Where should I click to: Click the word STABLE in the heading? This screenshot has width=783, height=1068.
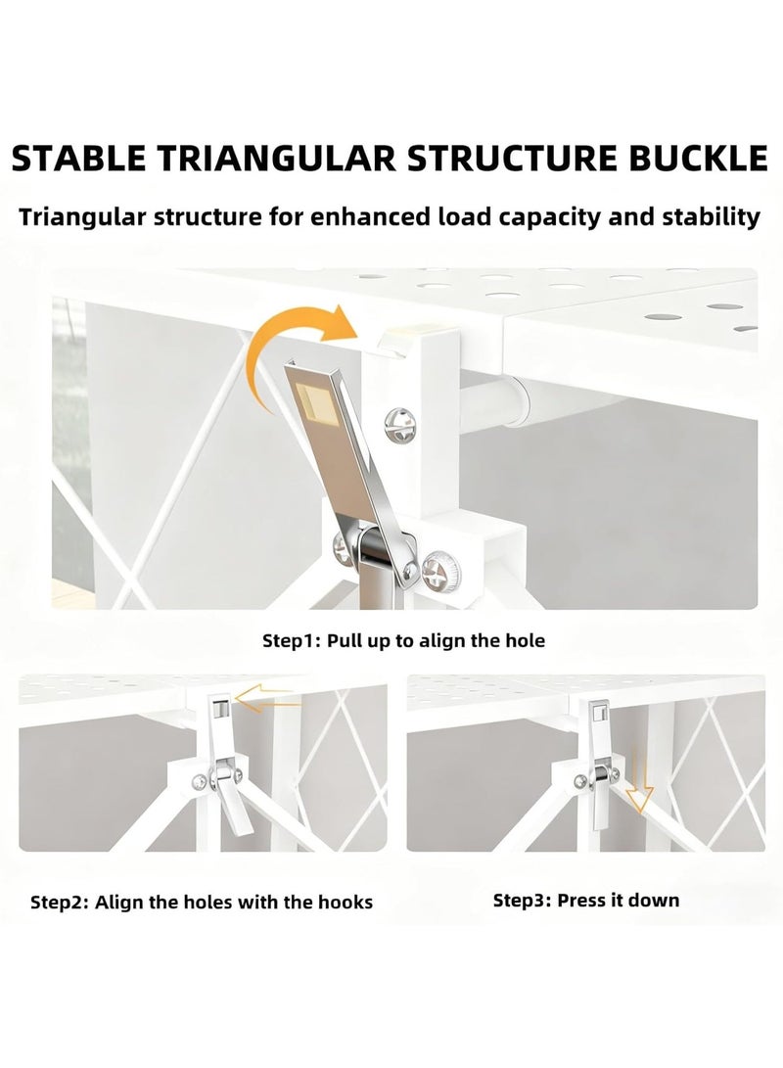(x=79, y=159)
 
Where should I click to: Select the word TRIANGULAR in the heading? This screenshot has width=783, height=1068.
(x=278, y=159)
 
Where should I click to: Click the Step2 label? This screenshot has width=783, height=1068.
(x=60, y=904)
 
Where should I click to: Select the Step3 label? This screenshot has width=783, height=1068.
(x=522, y=901)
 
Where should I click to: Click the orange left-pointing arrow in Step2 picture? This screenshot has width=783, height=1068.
(x=267, y=700)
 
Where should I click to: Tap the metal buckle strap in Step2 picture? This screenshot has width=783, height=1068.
(x=227, y=766)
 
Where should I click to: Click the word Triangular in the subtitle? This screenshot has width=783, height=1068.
(x=81, y=218)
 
